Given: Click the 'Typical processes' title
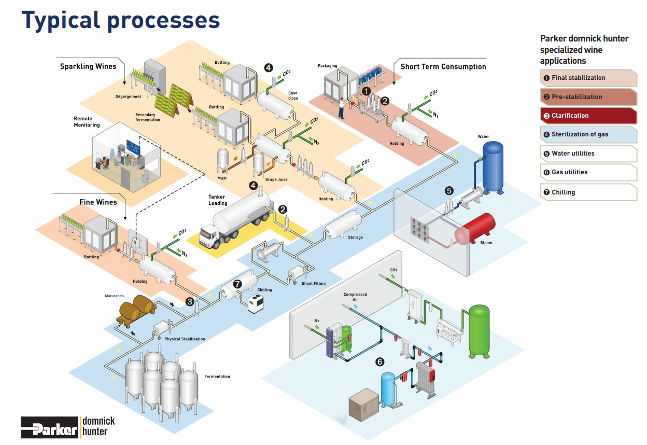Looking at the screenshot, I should (120, 20).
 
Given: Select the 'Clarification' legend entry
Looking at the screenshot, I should (588, 116).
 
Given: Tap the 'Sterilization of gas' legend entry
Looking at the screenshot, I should (588, 134).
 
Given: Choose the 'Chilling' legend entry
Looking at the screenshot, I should (588, 192).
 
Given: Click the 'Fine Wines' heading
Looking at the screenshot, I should (98, 202).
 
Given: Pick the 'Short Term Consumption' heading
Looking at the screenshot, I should (443, 66).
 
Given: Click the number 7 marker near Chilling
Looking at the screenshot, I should (237, 284).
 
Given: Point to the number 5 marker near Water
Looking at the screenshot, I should (449, 190).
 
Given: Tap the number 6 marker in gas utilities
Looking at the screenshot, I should (380, 361).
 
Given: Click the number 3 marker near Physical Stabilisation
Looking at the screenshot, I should (190, 301).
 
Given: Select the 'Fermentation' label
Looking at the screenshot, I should (217, 377).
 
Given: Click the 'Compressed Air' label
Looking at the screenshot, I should (355, 297).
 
